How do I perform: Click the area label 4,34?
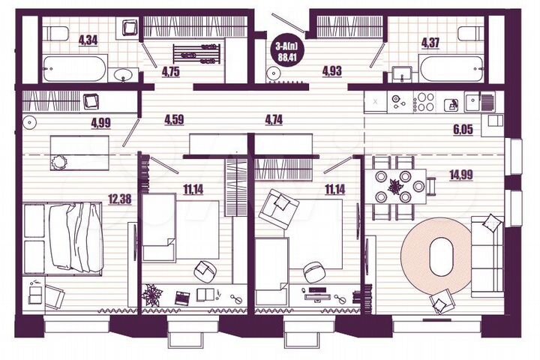[x=88, y=42]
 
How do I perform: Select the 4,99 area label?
[x=100, y=124]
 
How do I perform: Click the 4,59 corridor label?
[x=175, y=118]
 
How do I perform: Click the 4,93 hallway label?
[x=331, y=72]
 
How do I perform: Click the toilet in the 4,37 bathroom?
[x=469, y=34]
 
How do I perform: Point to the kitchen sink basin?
[x=474, y=101]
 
